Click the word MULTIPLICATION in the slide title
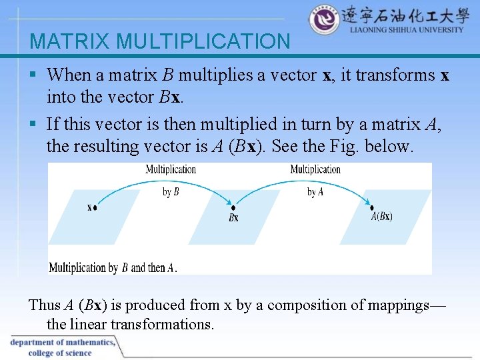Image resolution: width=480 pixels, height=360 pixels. pyautogui.click(x=203, y=42)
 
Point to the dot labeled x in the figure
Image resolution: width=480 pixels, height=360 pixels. pyautogui.click(x=95, y=208)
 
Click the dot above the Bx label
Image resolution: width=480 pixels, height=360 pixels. pyautogui.click(x=233, y=207)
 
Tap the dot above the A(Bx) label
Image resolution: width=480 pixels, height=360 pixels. pyautogui.click(x=373, y=207)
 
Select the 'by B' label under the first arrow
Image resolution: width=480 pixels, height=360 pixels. pyautogui.click(x=171, y=192)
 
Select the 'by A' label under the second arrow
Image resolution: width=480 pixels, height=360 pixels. pyautogui.click(x=315, y=192)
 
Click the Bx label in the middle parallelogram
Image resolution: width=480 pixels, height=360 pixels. pyautogui.click(x=233, y=218)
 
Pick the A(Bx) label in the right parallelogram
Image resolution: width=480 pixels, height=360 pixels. pyautogui.click(x=381, y=216)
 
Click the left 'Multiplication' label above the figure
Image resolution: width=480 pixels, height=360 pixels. pyautogui.click(x=171, y=169)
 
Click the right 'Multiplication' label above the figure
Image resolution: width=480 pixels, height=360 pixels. pyautogui.click(x=315, y=169)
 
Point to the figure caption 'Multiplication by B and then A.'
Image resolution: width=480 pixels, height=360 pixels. pyautogui.click(x=113, y=268)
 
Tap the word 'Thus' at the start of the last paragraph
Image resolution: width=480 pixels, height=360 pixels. pyautogui.click(x=44, y=305)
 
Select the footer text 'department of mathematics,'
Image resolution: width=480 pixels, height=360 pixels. pyautogui.click(x=63, y=343)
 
